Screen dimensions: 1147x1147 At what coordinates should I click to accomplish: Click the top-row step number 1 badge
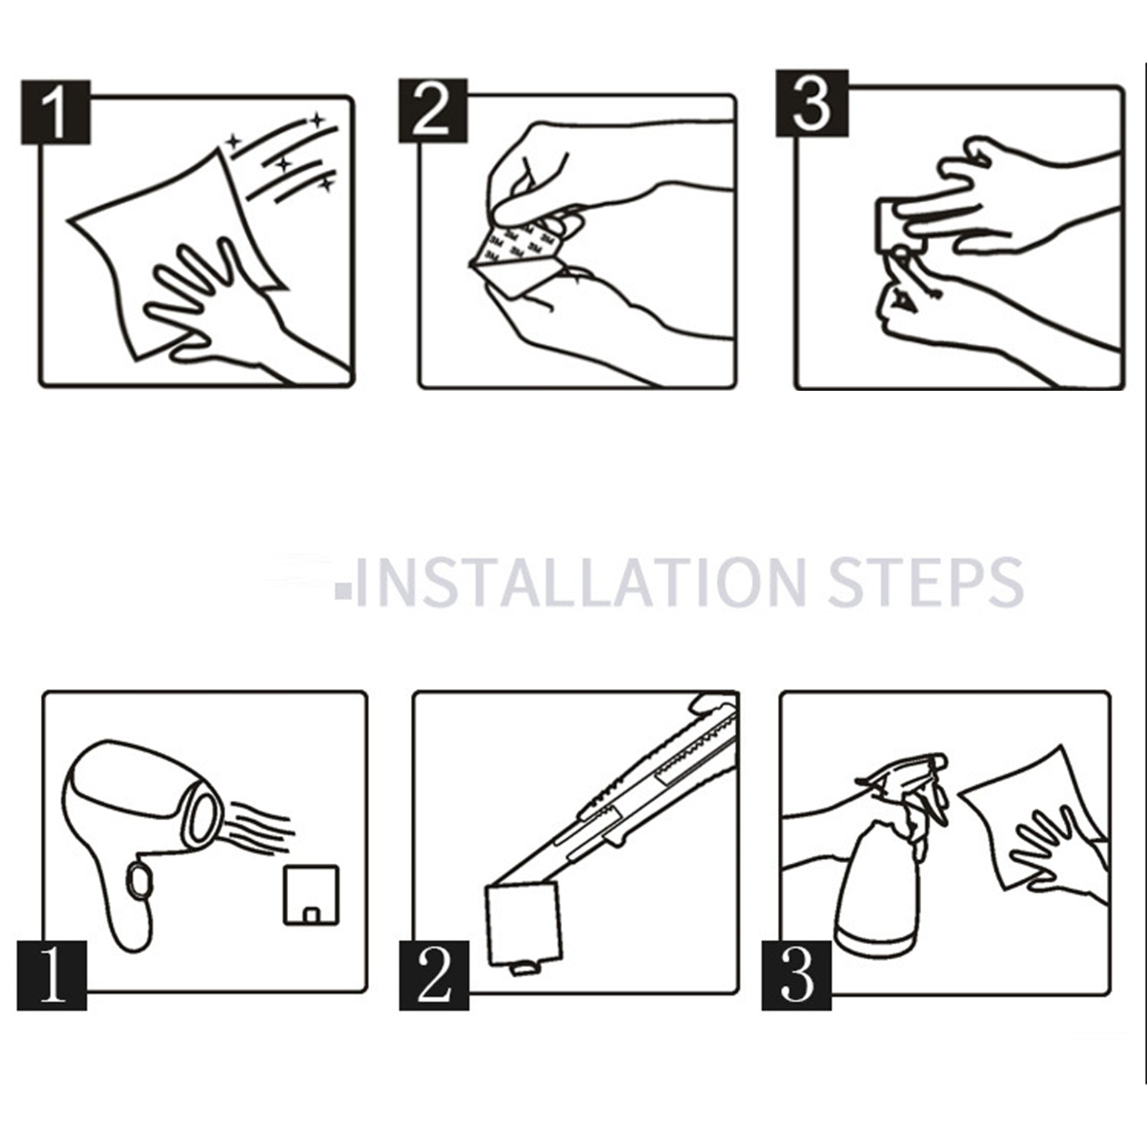tap(55, 112)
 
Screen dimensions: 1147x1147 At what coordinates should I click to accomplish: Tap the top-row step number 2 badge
tap(433, 110)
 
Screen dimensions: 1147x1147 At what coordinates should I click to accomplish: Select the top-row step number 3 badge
tap(812, 103)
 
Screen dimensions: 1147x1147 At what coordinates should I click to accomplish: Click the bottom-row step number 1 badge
tap(52, 976)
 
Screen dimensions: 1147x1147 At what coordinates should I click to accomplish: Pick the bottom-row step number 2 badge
tap(434, 976)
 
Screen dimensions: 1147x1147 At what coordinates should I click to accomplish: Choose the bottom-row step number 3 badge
tap(796, 976)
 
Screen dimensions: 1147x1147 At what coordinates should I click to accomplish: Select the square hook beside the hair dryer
tap(311, 895)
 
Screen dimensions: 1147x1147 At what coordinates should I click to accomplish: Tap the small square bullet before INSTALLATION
tap(343, 591)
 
